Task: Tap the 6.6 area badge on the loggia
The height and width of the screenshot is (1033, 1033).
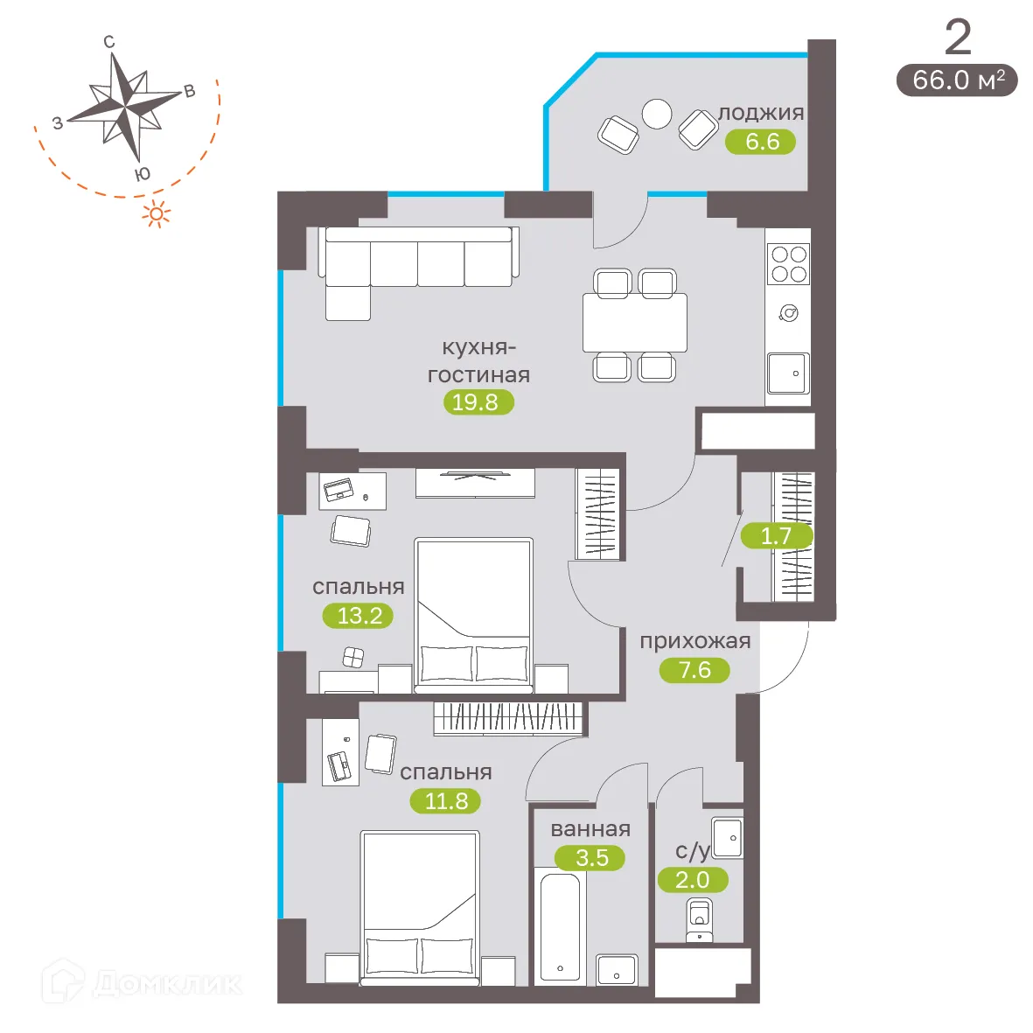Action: (761, 142)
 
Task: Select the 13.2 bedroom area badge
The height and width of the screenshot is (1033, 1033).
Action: (359, 616)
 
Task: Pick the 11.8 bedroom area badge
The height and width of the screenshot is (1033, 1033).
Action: (446, 801)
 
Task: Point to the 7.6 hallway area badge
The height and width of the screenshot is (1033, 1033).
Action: (694, 670)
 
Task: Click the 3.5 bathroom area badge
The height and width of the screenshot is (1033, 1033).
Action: (591, 858)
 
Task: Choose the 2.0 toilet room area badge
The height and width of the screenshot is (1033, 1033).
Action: (692, 880)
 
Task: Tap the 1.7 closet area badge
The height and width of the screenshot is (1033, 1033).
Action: (776, 536)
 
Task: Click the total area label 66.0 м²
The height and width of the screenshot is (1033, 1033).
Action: (958, 80)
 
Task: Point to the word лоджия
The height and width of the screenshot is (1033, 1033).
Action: (761, 113)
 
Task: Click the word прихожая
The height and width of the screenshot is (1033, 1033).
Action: (695, 641)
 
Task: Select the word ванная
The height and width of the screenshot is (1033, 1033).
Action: (590, 829)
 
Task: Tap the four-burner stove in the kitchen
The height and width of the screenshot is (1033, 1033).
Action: (788, 264)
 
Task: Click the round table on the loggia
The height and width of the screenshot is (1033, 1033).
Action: (657, 114)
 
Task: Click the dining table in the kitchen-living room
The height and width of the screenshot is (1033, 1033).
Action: (635, 323)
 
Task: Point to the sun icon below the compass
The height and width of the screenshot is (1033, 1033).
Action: (157, 213)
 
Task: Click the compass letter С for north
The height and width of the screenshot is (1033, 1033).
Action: (109, 42)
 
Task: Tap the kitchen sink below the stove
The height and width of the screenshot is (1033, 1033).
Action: (788, 373)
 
